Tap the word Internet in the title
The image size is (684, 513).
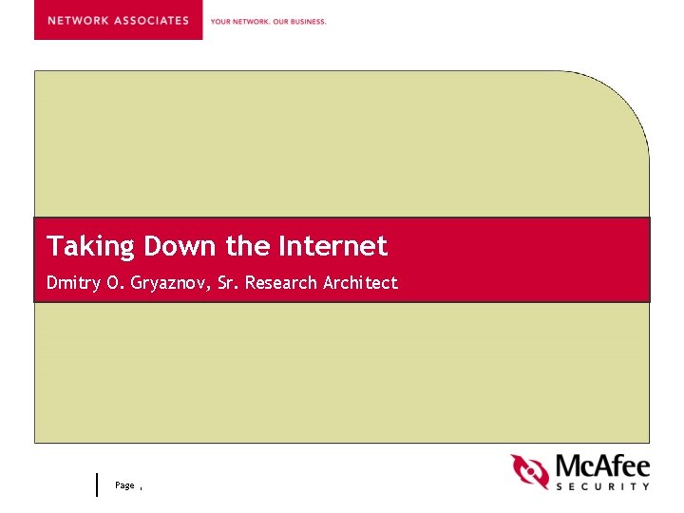332,247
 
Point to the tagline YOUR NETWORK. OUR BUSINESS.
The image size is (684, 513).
268,21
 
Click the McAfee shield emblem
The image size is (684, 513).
530,471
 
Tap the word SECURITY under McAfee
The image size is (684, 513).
602,486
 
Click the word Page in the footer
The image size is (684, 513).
124,485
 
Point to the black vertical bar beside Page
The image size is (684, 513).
97,484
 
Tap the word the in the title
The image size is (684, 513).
248,247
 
